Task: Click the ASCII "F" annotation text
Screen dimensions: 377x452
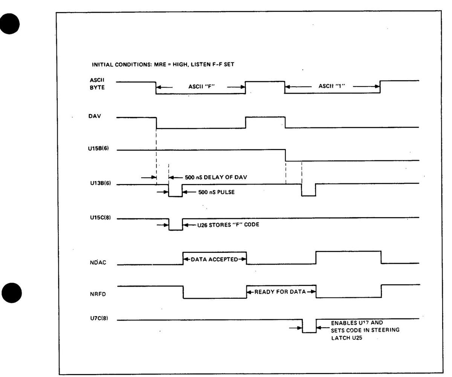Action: pyautogui.click(x=202, y=87)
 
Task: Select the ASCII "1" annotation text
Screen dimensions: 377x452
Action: pyautogui.click(x=332, y=86)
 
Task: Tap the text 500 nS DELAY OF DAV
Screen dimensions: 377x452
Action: pyautogui.click(x=216, y=177)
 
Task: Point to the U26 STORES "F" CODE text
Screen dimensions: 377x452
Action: pyautogui.click(x=228, y=225)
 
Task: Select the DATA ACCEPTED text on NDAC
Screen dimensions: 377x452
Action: pyautogui.click(x=215, y=259)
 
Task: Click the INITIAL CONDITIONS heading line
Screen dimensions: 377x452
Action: pyautogui.click(x=163, y=64)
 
